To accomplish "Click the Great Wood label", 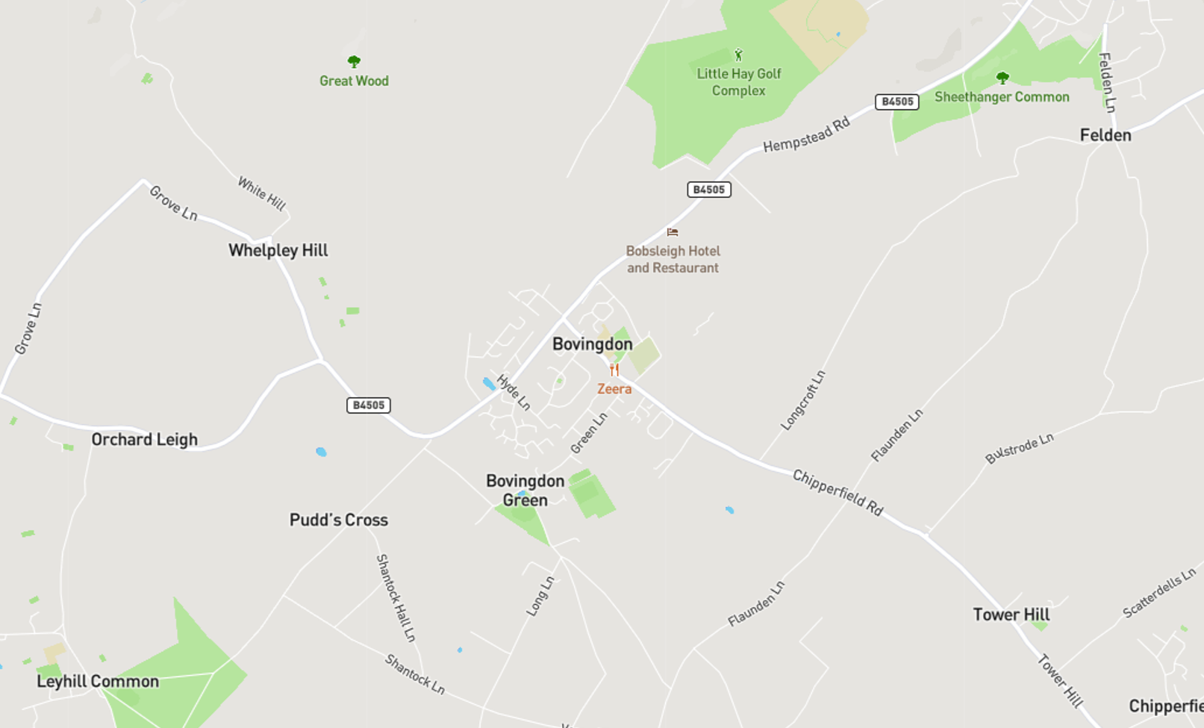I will click(x=354, y=81).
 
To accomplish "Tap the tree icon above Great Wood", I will click(x=354, y=61).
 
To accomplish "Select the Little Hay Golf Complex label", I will click(x=738, y=82).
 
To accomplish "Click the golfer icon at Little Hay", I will click(x=738, y=55).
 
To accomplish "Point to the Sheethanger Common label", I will click(x=1002, y=97).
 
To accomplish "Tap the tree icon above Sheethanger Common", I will click(x=1002, y=78).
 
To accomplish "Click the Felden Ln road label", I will click(x=1107, y=82).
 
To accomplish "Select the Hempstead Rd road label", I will click(x=806, y=135).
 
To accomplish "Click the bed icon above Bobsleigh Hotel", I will click(x=673, y=232).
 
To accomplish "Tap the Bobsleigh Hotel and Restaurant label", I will click(x=673, y=259).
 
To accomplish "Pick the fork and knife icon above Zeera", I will click(x=614, y=370).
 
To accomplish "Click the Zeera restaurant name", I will click(x=614, y=389).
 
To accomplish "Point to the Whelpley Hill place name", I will click(x=278, y=251).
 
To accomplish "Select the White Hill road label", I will click(x=261, y=193).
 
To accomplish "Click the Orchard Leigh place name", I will click(x=144, y=440).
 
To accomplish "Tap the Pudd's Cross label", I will click(x=338, y=520).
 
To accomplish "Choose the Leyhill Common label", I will click(x=98, y=682).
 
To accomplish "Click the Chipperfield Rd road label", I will click(x=838, y=493).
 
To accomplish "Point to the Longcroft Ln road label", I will click(x=803, y=400).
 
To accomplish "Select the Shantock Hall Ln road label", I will click(x=396, y=597).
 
